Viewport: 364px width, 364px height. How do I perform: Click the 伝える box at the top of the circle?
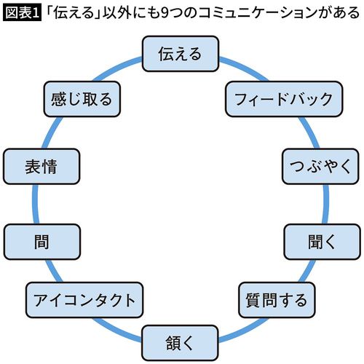(178, 55)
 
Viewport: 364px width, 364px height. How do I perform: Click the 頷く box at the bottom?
(178, 340)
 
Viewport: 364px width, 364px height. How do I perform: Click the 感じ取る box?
(81, 99)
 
